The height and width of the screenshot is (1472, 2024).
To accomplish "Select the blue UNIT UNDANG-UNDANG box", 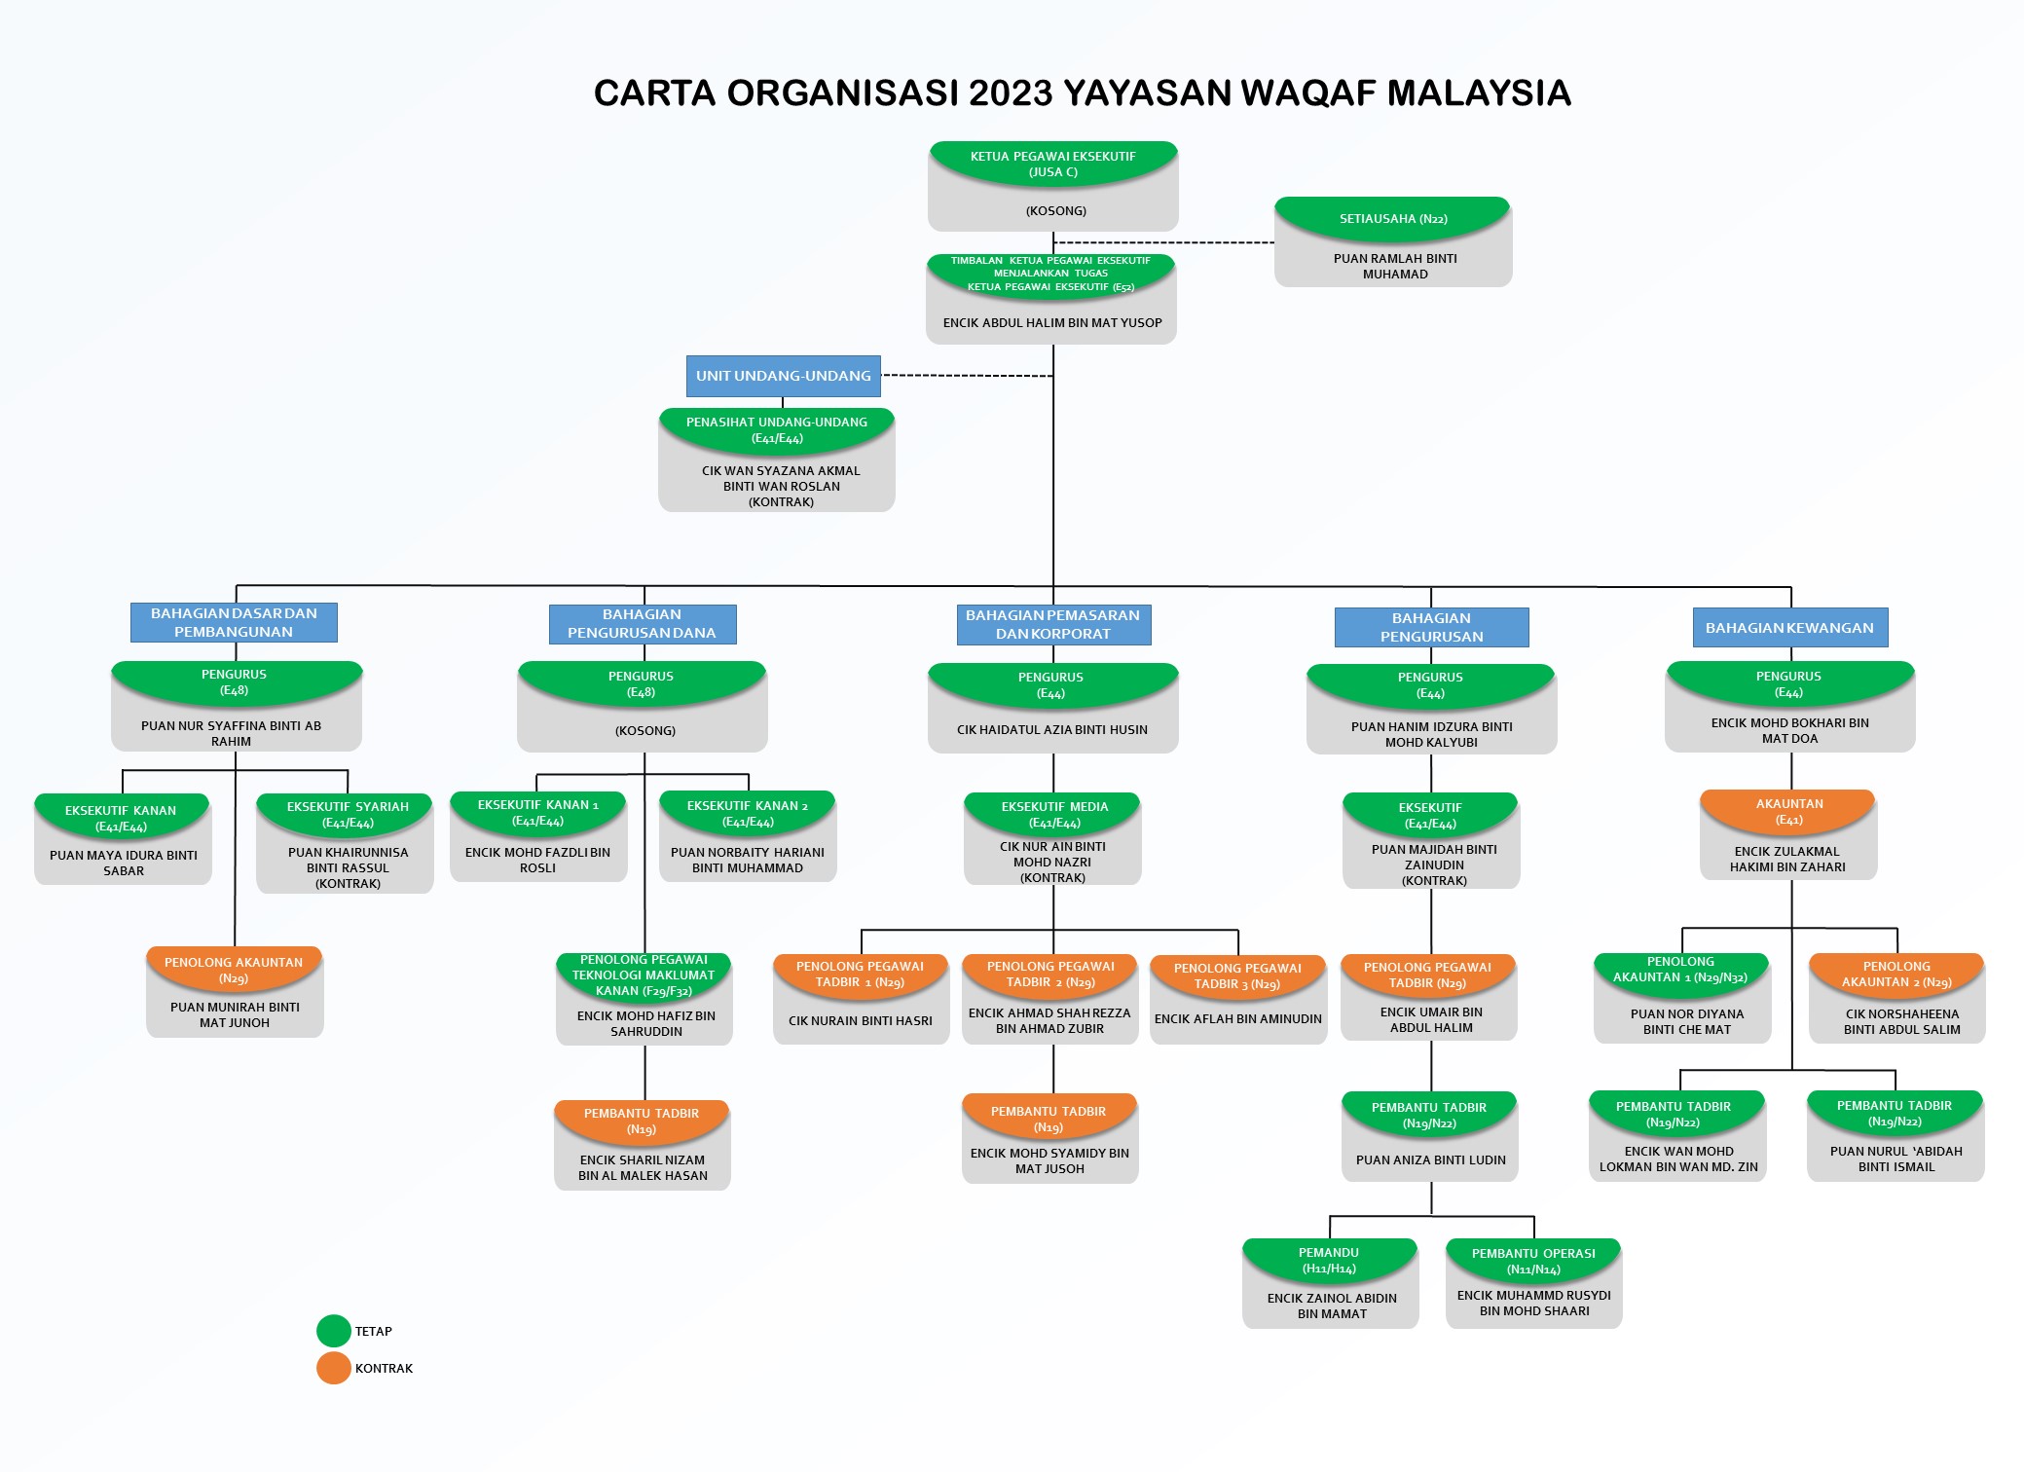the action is click(783, 376).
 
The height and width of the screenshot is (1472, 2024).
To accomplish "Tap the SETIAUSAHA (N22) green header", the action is click(1393, 219).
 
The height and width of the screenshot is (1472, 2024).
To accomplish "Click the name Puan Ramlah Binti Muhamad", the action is click(1395, 266).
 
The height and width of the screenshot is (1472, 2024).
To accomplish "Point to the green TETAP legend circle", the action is click(333, 1331).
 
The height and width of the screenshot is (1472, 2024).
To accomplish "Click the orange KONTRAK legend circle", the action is click(333, 1368).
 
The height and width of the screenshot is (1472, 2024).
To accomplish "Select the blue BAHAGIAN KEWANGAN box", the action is click(1789, 628).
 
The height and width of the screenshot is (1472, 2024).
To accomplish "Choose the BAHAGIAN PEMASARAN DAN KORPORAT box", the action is click(1053, 624).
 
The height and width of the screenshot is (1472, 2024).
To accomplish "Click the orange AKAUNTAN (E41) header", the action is click(1788, 811).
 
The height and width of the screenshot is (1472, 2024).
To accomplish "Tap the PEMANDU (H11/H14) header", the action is click(1329, 1260).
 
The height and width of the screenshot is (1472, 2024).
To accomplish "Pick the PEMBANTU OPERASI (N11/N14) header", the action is click(1533, 1261).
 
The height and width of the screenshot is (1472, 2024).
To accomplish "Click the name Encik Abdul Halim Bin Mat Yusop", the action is click(1052, 323).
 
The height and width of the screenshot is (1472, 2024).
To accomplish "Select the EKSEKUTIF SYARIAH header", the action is click(348, 815).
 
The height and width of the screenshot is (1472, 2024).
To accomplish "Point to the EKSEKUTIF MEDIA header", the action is click(1054, 815).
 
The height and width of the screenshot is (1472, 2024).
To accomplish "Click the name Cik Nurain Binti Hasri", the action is click(861, 1020).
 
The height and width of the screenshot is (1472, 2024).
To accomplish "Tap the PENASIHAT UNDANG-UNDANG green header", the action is click(777, 429).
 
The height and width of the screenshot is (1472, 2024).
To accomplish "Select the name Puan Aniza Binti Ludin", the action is click(1430, 1159).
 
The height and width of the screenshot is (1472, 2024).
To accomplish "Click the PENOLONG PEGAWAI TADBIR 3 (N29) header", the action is click(1237, 975).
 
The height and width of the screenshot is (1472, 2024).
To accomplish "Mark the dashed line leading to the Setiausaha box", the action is click(1164, 242).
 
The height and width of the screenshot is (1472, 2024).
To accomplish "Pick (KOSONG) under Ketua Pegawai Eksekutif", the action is click(1055, 210).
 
